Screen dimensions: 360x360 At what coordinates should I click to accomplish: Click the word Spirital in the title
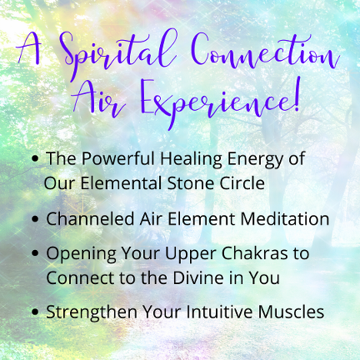coord(118,54)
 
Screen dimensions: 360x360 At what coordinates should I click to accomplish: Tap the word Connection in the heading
coord(265,52)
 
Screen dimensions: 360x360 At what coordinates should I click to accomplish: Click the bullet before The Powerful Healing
coord(35,158)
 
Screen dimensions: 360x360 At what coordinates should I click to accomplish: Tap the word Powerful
coord(117,158)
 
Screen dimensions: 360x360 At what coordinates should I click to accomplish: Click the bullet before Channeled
coord(35,219)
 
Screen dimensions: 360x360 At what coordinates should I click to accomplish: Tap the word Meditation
coord(285,218)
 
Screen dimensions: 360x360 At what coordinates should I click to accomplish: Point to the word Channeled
coord(90,218)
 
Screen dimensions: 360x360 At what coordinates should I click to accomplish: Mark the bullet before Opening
coord(35,253)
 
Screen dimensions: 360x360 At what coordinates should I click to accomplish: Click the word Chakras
coord(254,253)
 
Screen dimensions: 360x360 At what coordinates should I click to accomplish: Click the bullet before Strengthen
coord(35,312)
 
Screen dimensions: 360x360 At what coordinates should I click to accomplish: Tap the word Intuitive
coord(219,312)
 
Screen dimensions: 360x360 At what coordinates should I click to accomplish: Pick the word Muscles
coord(291,312)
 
